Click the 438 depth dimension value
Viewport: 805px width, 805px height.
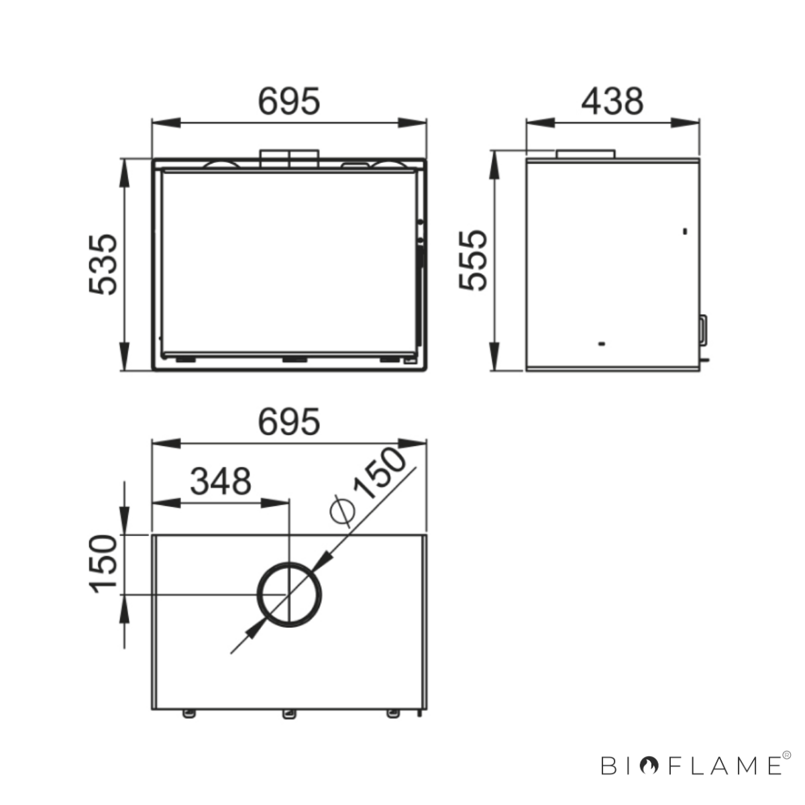(612, 101)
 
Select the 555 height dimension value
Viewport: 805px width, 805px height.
(473, 260)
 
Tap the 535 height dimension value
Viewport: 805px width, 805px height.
(103, 264)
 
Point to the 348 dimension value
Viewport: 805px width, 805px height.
(221, 481)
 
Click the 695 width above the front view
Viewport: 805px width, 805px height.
(289, 101)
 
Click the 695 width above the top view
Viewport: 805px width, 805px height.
(289, 422)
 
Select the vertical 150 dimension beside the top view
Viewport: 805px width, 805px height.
(103, 564)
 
